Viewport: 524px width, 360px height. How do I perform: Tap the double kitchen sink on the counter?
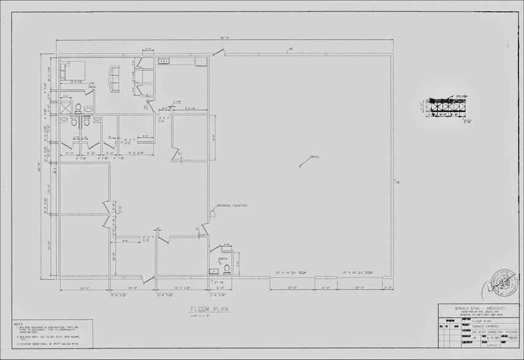(164, 61)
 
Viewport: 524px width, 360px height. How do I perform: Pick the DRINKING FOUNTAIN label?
(231, 205)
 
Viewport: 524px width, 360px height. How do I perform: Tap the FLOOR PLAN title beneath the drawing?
(209, 309)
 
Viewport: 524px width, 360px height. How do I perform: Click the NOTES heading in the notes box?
(18, 323)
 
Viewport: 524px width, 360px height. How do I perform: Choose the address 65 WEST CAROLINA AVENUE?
(490, 333)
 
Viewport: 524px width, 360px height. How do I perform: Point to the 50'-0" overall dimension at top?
(225, 38)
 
